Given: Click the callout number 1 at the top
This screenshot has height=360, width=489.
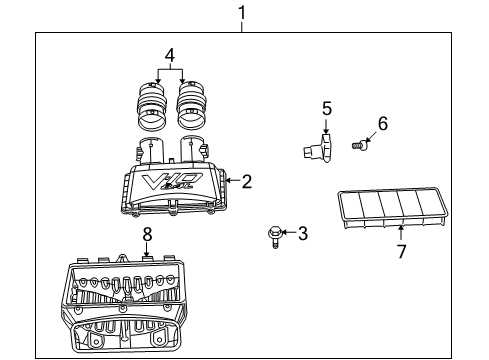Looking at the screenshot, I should point(241,12).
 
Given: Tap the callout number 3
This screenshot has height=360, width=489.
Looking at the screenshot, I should point(304,232).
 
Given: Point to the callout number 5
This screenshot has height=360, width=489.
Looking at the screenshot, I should point(325,106).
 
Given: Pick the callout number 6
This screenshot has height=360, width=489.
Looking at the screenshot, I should point(381,123).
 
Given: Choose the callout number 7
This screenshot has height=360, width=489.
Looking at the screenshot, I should point(401,252).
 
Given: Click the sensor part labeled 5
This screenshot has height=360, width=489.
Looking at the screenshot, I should point(316,148).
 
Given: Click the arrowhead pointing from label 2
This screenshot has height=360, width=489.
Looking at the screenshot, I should point(230,181).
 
